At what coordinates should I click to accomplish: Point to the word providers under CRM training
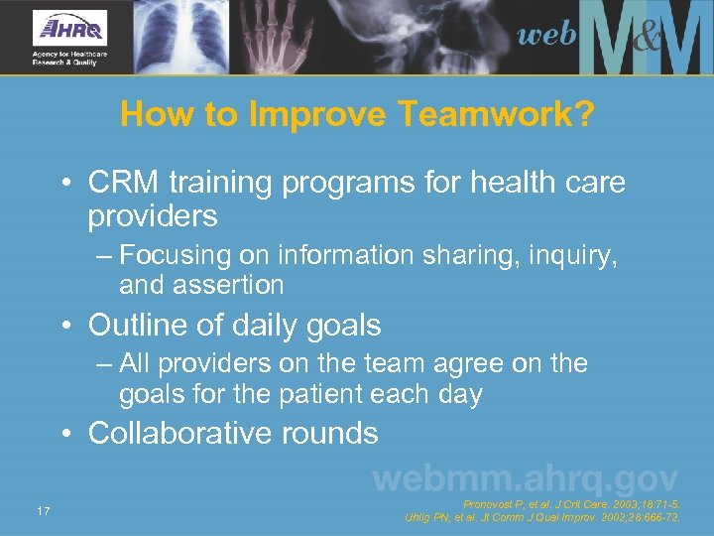153,215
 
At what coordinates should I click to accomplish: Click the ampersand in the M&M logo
646,40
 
